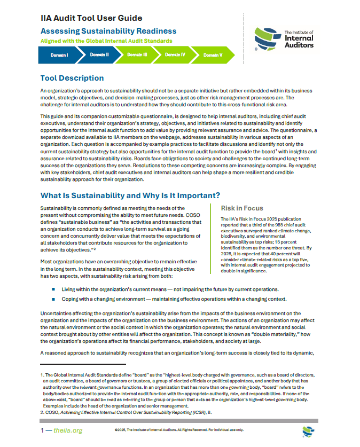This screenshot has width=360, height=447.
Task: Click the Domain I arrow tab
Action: point(59,54)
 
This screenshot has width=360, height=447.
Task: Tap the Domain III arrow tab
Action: point(137,54)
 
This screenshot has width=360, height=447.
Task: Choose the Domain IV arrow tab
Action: point(175,54)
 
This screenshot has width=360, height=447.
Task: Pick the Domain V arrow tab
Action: point(213,54)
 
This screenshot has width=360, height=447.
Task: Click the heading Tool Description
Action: point(72,78)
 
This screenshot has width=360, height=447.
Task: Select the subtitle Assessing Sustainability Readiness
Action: point(108,31)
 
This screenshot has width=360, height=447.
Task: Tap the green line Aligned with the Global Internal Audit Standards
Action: point(106,41)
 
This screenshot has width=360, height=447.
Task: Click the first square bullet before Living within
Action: point(53,288)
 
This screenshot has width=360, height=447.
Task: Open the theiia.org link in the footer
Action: point(69,430)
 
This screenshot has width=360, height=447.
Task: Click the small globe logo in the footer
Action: point(308,430)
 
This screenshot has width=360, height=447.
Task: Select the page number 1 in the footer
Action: point(43,430)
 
